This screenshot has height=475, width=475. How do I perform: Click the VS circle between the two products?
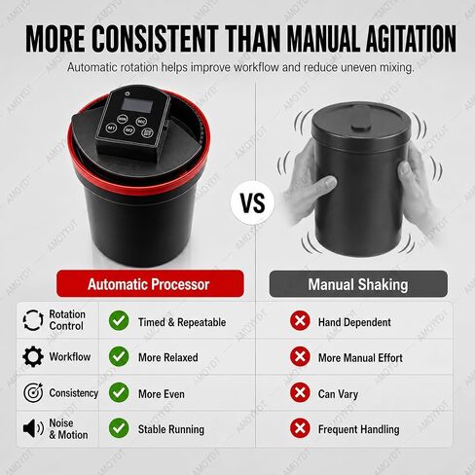tap(252, 202)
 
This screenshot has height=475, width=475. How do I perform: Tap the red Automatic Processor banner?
tap(150, 283)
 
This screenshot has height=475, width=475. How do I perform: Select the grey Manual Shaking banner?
tap(358, 284)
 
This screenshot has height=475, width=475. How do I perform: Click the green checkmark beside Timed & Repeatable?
tap(119, 320)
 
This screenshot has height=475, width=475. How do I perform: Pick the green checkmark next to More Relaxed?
tap(119, 356)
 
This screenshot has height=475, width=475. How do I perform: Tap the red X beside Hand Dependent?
tap(300, 320)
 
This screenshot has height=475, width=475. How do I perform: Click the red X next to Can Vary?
tap(300, 392)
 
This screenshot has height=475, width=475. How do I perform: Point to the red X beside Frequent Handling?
tap(300, 428)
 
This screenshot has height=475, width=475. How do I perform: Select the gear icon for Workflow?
tap(33, 356)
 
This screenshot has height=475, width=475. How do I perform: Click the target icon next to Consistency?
tap(33, 392)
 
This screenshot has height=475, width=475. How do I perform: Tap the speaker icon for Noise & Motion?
tap(33, 428)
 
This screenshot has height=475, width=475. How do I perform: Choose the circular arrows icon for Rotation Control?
tap(33, 320)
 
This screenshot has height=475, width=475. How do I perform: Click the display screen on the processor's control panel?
tap(135, 105)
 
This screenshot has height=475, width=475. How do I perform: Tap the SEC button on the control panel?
tap(141, 122)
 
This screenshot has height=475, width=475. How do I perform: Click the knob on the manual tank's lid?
tap(360, 127)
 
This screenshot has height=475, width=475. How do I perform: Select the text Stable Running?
tap(171, 429)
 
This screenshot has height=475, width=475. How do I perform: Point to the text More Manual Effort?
tap(360, 357)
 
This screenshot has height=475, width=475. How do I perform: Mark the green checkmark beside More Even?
tap(119, 392)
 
